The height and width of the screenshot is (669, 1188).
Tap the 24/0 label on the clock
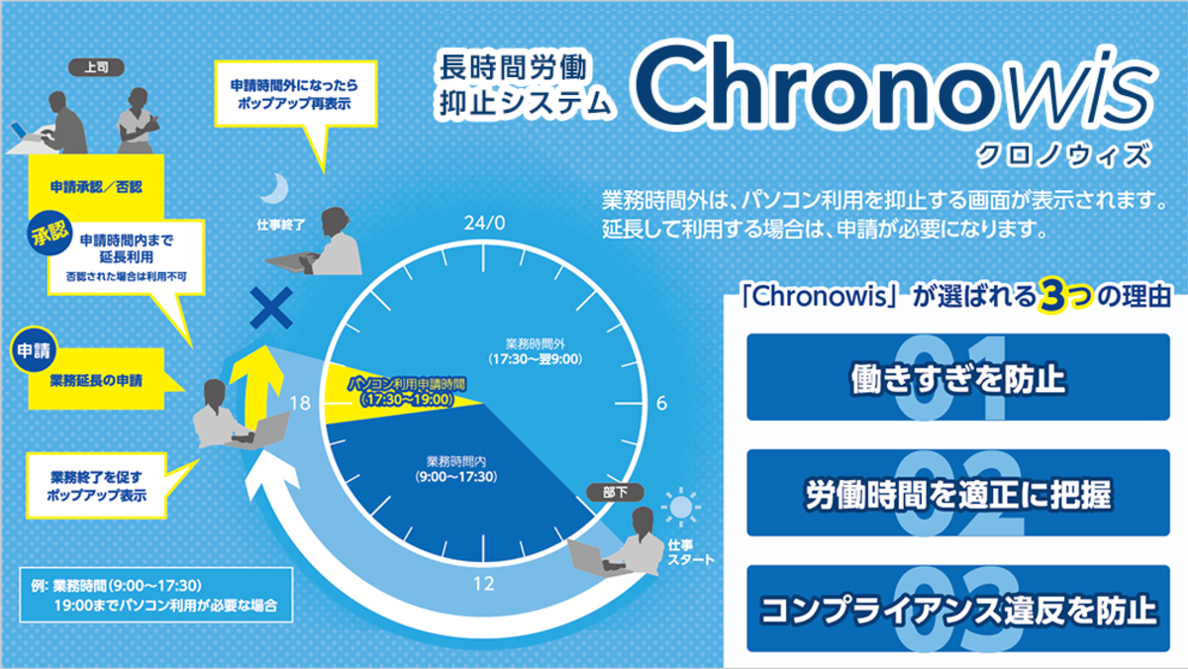click(x=483, y=223)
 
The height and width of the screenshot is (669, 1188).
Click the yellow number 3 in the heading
click(x=1050, y=296)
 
